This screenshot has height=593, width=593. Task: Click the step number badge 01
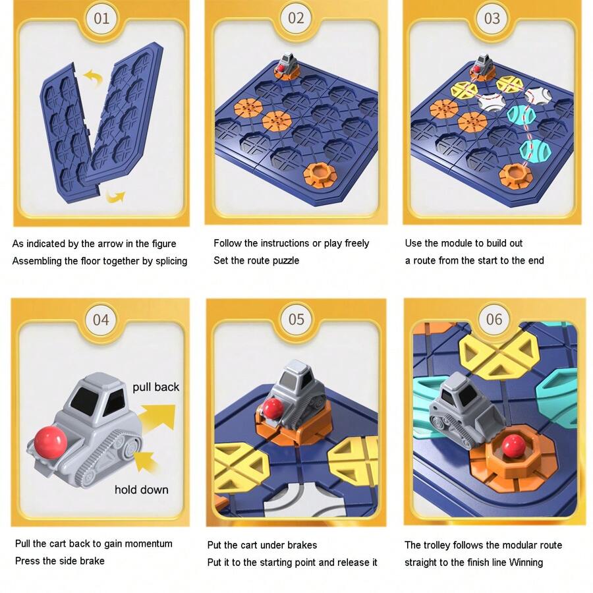(x=101, y=18)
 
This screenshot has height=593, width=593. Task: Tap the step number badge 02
(x=296, y=18)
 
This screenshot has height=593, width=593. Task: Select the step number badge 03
(x=492, y=18)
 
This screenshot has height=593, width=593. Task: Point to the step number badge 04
(x=100, y=320)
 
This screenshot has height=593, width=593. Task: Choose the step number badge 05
(x=296, y=320)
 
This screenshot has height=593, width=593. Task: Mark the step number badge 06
(x=494, y=320)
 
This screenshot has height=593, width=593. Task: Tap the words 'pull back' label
(x=155, y=387)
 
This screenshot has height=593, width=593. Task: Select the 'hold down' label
(x=141, y=490)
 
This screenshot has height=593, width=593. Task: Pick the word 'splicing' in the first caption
(x=169, y=261)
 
